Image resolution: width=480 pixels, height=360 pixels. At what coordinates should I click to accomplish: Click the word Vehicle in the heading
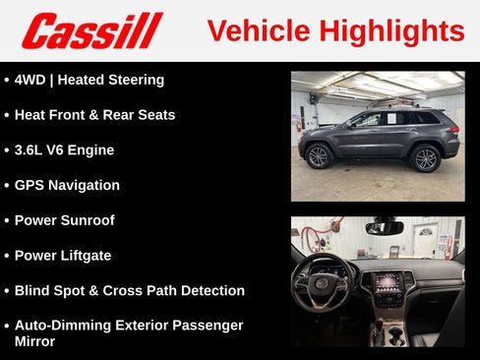pos(254,30)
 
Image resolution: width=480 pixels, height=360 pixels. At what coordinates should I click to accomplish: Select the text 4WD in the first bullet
pos(32,80)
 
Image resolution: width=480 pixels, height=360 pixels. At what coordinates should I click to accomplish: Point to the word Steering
pos(136,80)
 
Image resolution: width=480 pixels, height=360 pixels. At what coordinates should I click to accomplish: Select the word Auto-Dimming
pos(64,325)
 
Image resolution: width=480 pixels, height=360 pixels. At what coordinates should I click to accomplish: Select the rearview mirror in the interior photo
pos(384,227)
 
